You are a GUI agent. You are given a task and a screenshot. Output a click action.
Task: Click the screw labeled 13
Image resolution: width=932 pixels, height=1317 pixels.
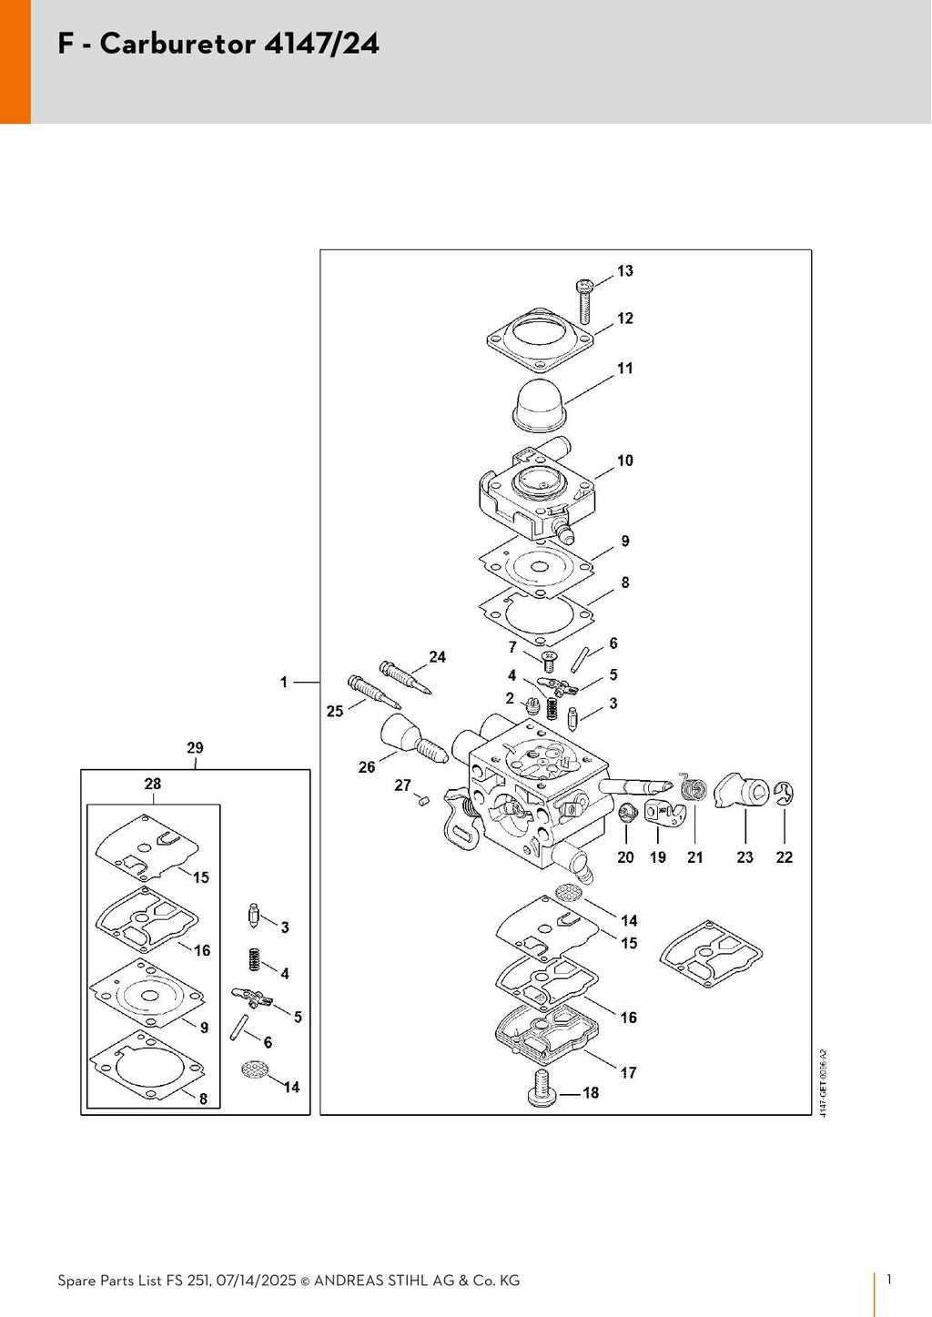[584, 302]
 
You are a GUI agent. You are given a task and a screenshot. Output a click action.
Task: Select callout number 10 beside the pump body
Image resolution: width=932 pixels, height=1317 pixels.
[625, 461]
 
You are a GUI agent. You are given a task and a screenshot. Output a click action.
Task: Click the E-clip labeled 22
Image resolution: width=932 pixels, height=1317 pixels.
[785, 795]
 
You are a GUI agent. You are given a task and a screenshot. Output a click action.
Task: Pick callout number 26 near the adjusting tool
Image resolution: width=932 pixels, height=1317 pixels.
[366, 766]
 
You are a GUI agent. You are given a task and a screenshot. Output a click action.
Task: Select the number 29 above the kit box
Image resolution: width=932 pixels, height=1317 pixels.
[195, 747]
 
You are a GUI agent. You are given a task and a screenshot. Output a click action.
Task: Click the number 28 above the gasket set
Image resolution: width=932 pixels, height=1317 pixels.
[153, 784]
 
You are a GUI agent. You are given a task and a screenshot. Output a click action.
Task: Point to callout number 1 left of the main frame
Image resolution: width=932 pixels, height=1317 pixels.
[284, 682]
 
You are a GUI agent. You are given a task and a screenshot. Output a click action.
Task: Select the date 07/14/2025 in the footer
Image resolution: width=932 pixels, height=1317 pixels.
[257, 1280]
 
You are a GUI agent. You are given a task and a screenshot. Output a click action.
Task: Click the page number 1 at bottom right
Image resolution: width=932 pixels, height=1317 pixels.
[889, 1280]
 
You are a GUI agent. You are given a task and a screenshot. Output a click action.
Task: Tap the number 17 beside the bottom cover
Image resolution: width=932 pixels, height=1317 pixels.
[629, 1073]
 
